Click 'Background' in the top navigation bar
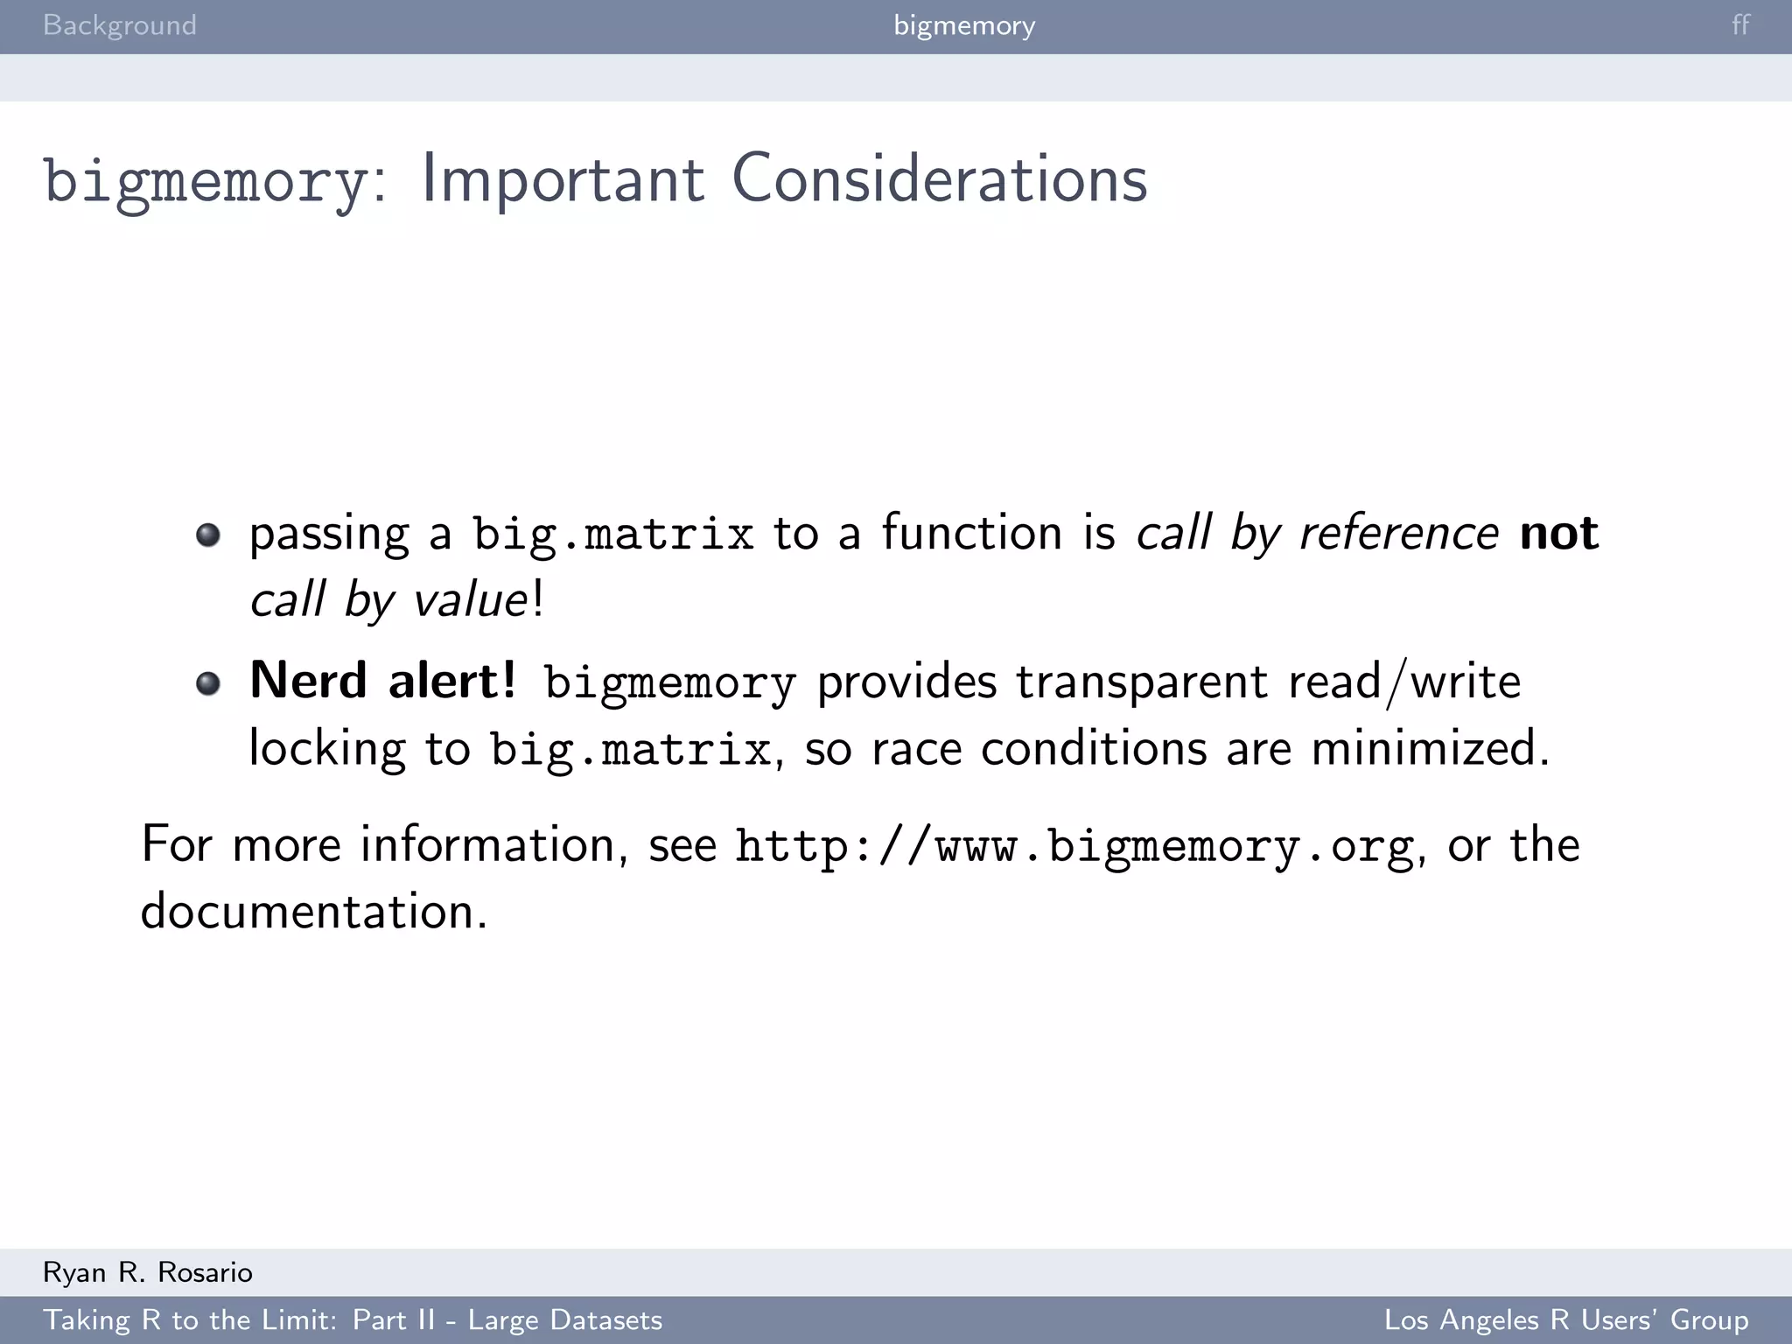[120, 25]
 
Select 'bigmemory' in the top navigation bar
[964, 25]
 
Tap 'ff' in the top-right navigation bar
[1740, 25]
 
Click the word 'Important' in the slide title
[562, 179]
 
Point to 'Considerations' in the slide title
[939, 179]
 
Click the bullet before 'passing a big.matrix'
[208, 535]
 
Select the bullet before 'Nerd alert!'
[208, 682]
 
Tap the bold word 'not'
[1559, 533]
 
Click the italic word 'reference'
[1399, 533]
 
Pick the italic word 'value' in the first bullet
[470, 600]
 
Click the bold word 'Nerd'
[308, 681]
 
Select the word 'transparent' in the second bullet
[1141, 682]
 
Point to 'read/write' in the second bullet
[1404, 682]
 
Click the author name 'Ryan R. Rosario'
[148, 1272]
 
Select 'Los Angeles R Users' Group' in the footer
[1566, 1320]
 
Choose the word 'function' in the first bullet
[971, 533]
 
